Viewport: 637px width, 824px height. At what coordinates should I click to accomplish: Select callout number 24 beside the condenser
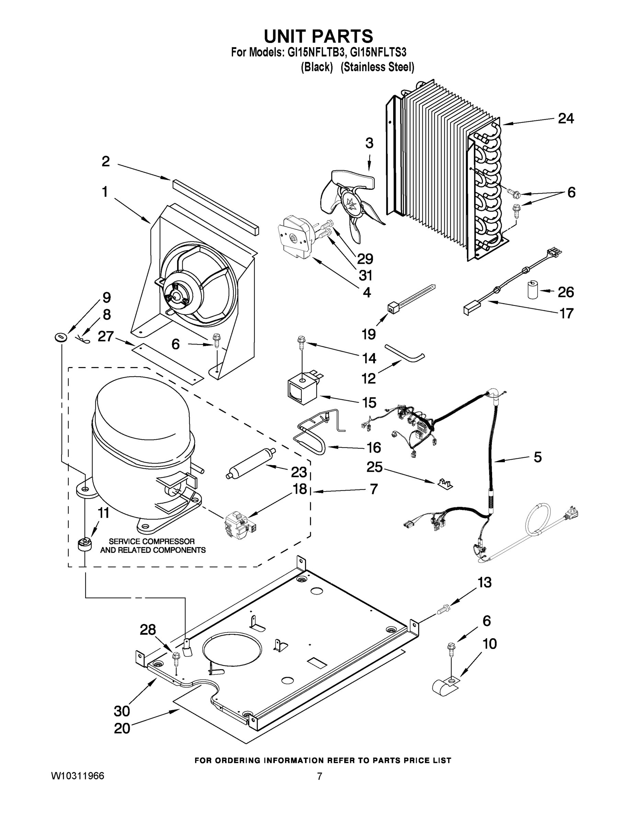tap(566, 118)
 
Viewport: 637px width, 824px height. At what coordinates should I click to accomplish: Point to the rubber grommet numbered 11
tap(84, 546)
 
